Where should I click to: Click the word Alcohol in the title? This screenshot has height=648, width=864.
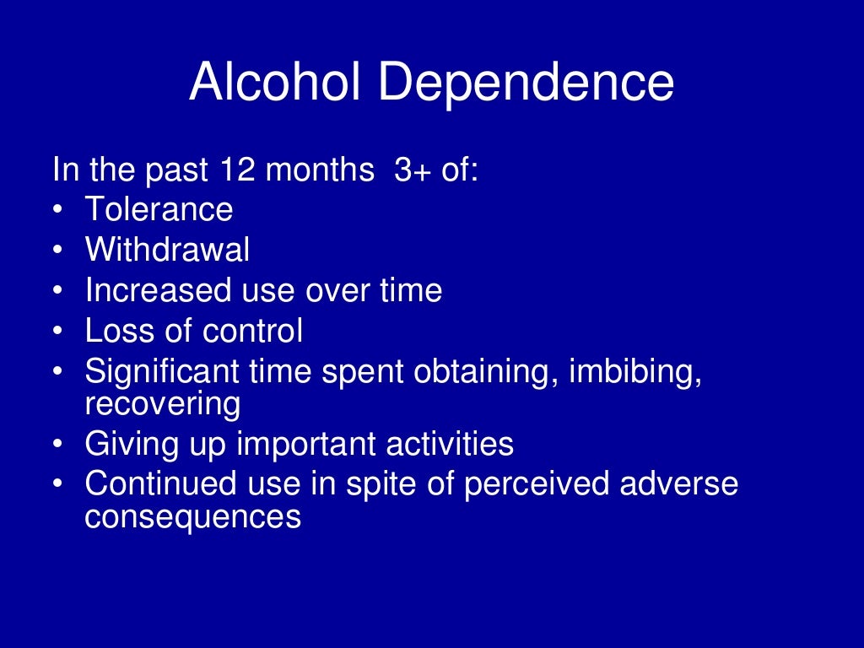[x=275, y=83]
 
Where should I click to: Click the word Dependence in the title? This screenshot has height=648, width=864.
[x=526, y=83]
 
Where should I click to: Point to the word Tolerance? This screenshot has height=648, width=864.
[x=159, y=209]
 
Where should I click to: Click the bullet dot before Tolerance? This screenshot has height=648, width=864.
[x=57, y=210]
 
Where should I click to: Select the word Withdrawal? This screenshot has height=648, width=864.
[x=167, y=250]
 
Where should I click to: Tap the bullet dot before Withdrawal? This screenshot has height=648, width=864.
[x=57, y=251]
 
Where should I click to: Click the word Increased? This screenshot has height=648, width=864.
[x=157, y=290]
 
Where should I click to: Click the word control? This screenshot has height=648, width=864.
[x=252, y=331]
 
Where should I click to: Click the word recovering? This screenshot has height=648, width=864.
[x=163, y=403]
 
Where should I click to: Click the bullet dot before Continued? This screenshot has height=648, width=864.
[x=57, y=485]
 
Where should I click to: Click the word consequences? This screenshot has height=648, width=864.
[x=192, y=516]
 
